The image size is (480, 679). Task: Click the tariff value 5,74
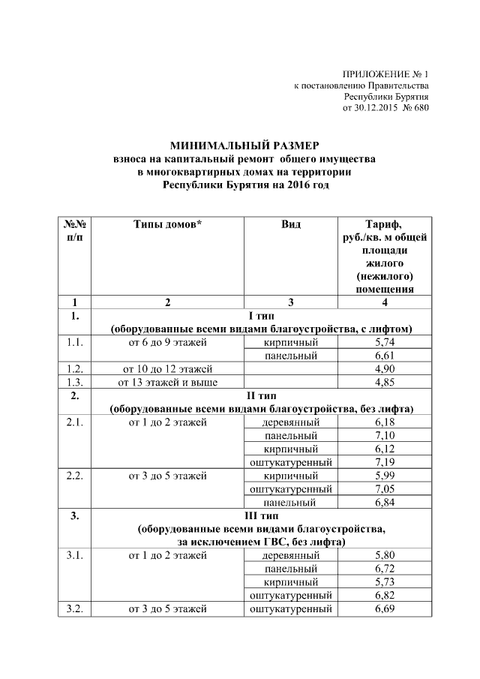click(x=384, y=342)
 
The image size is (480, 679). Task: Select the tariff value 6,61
click(x=384, y=356)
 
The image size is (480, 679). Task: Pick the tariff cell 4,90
click(x=384, y=369)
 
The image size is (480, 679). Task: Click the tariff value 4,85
click(x=384, y=383)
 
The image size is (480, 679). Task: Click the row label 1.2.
click(x=74, y=369)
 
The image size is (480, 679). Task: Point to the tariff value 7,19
click(x=384, y=462)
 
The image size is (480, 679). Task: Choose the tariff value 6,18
click(x=384, y=422)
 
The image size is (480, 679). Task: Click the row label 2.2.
click(x=74, y=476)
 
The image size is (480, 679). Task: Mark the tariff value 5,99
click(x=384, y=476)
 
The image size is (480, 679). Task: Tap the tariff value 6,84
click(x=384, y=502)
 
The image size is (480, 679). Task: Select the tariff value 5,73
click(x=384, y=582)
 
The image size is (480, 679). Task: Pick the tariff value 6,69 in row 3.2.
click(x=384, y=608)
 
